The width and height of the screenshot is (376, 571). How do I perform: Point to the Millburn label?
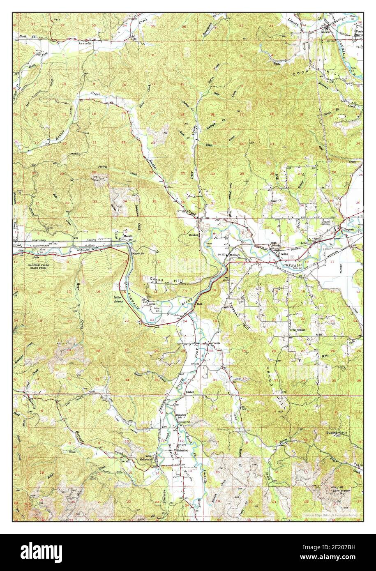point(235,255)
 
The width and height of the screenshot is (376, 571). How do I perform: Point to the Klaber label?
point(189,393)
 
